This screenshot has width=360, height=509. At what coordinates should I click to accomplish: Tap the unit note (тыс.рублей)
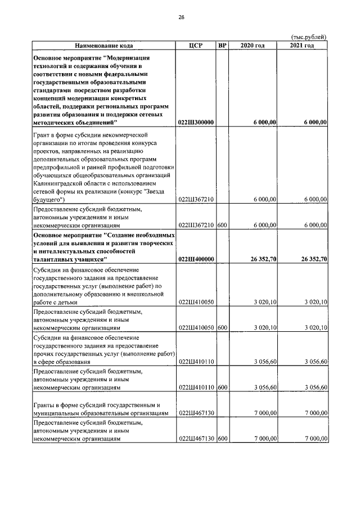(x=309, y=37)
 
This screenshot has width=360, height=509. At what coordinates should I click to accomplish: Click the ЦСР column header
(x=196, y=46)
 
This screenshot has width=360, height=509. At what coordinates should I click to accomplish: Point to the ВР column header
(x=222, y=46)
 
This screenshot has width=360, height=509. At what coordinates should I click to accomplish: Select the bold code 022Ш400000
(x=196, y=259)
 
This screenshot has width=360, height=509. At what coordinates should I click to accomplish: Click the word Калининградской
(x=60, y=183)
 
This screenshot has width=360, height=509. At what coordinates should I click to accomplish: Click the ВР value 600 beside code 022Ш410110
(x=222, y=388)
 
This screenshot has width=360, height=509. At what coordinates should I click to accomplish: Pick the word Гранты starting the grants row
(x=45, y=405)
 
